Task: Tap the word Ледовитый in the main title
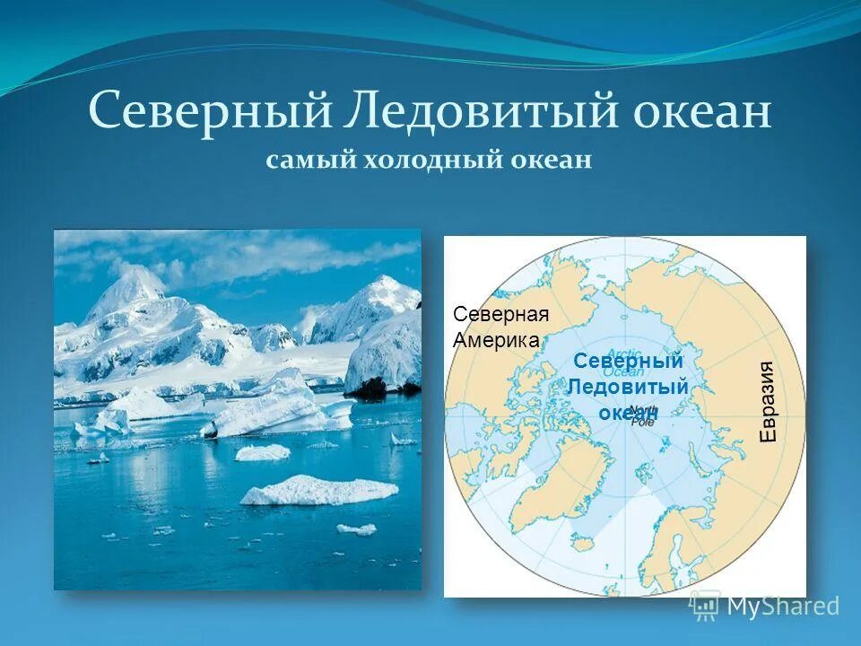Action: click(458, 114)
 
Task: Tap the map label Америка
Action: click(496, 340)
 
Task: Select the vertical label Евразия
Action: click(768, 400)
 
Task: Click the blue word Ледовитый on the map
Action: click(629, 387)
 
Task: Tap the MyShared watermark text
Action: click(784, 606)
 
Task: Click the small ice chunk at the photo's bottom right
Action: click(356, 528)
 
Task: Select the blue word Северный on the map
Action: click(628, 361)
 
